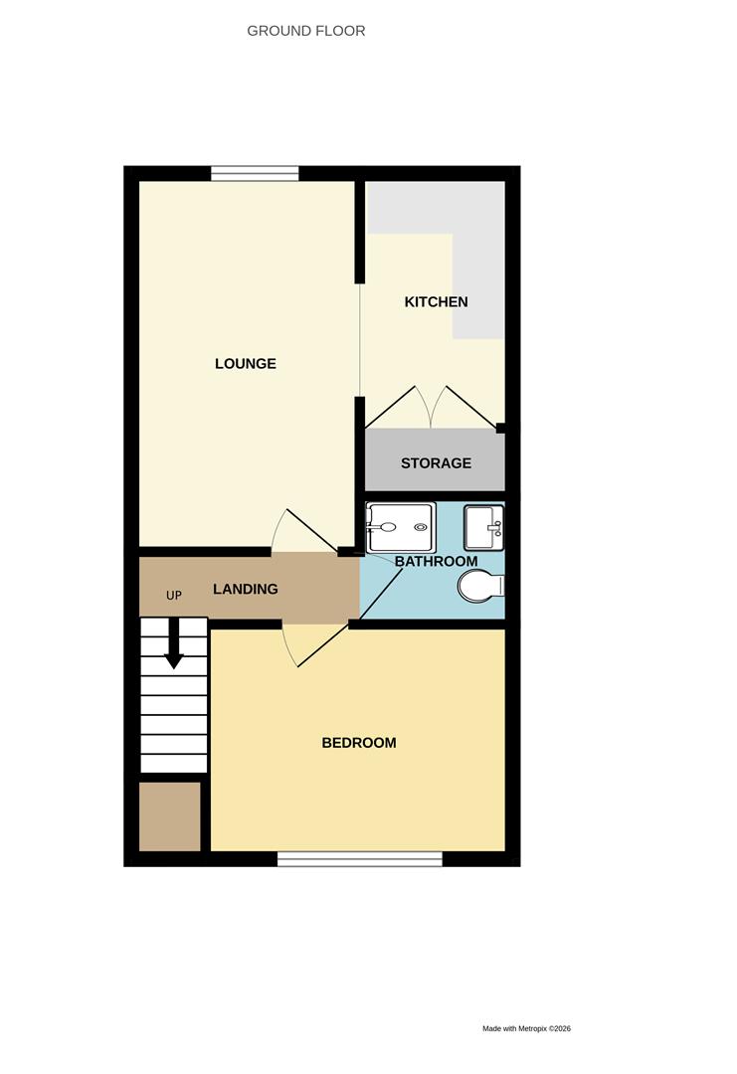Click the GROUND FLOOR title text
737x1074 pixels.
click(305, 31)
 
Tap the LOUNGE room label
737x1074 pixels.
click(246, 364)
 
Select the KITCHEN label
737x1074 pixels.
click(436, 301)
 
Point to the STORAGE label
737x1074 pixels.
click(436, 463)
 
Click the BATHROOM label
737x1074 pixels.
click(436, 562)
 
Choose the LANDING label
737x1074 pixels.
click(246, 589)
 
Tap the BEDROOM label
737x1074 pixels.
click(359, 743)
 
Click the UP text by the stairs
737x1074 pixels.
click(174, 596)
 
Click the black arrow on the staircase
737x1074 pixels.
click(174, 645)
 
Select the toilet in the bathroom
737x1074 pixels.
click(481, 587)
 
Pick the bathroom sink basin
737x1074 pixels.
click(483, 526)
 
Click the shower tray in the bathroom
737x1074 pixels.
click(400, 527)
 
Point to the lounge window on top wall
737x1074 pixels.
click(255, 173)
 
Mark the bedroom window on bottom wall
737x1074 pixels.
click(359, 858)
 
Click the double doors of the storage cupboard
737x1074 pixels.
click(434, 408)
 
